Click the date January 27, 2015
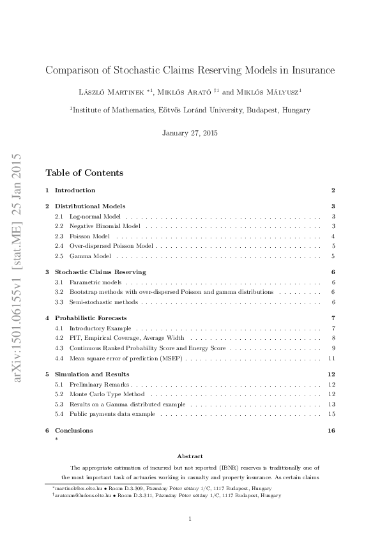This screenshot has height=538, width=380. point(190,133)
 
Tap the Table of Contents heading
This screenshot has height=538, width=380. point(84,173)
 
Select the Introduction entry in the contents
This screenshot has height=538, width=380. point(75,190)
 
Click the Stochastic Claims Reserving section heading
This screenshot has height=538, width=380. point(100,272)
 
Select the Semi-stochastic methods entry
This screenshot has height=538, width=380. point(103,301)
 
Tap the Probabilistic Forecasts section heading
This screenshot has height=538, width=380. point(91,318)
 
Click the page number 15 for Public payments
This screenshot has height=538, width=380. point(331,414)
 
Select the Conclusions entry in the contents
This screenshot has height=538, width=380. point(73,431)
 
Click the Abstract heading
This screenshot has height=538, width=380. point(190,456)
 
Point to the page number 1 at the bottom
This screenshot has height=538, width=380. point(190,519)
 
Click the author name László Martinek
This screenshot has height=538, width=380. point(110,92)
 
